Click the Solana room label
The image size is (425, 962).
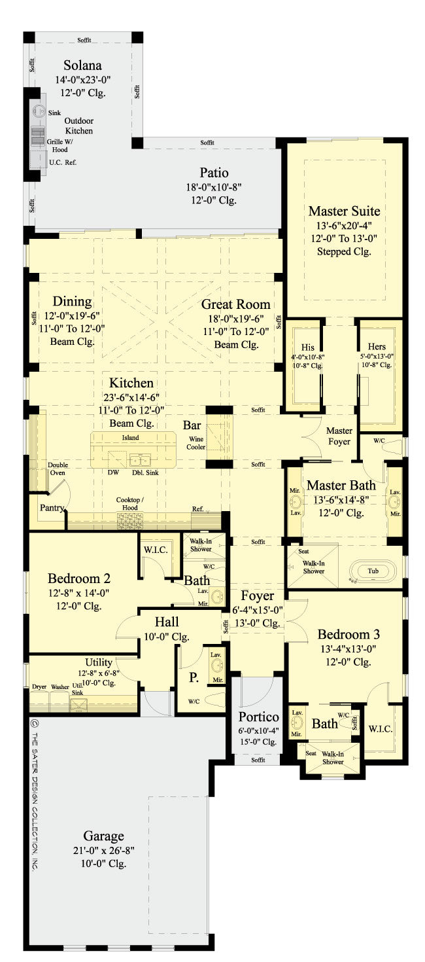[83, 66]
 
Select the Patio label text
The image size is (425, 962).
[214, 173]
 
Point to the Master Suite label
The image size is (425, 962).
[344, 211]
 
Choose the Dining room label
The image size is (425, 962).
[72, 302]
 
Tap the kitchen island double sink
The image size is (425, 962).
[139, 459]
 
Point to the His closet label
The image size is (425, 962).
[308, 347]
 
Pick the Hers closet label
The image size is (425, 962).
[377, 347]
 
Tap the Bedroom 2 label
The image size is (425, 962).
[78, 579]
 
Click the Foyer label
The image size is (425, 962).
[257, 596]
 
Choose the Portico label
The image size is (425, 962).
[259, 717]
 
